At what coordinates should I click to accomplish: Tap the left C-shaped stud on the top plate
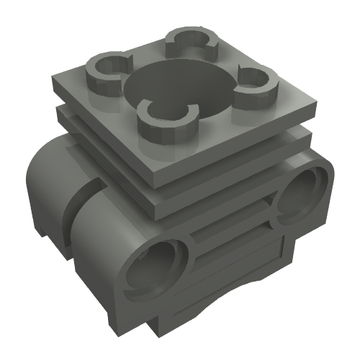pos(108,71)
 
